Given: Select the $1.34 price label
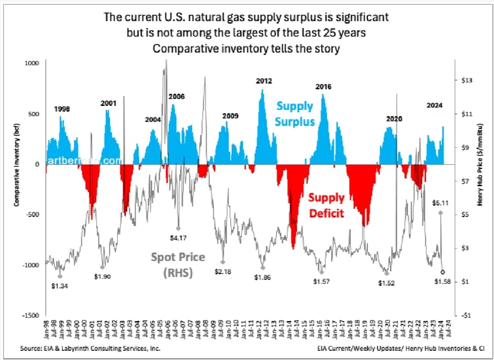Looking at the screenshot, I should coord(61,286).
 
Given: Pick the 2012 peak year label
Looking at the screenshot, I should coord(264,82).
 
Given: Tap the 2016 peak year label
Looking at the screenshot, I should coord(324,86).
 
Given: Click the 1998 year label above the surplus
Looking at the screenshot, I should coord(63,109).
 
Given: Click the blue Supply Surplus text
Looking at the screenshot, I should coord(295,113).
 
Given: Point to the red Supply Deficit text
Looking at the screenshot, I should coord(327,205).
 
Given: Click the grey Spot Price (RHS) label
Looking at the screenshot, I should coord(178,264).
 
